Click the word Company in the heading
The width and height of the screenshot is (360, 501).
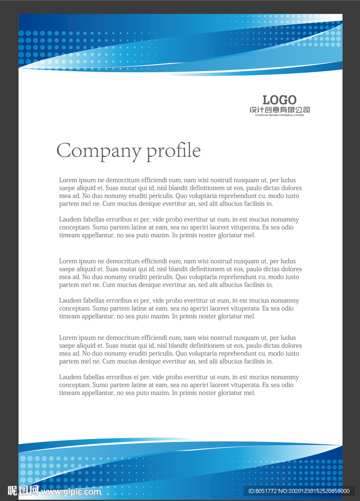99,150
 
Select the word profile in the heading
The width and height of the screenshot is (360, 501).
173,151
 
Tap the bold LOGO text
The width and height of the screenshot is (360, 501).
279,100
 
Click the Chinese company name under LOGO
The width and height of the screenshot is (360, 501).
279,110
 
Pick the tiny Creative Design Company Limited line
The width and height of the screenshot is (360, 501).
279,115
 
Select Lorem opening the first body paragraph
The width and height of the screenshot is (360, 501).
68,180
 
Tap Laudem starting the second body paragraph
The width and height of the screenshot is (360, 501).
69,219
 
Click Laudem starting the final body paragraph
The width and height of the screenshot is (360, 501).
69,377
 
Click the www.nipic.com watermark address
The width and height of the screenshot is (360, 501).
71,491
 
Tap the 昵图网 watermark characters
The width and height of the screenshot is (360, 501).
23,490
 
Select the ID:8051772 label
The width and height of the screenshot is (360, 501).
263,491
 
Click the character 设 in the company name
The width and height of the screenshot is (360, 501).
253,110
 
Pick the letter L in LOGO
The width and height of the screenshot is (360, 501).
267,100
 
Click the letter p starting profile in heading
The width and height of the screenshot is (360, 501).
151,152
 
